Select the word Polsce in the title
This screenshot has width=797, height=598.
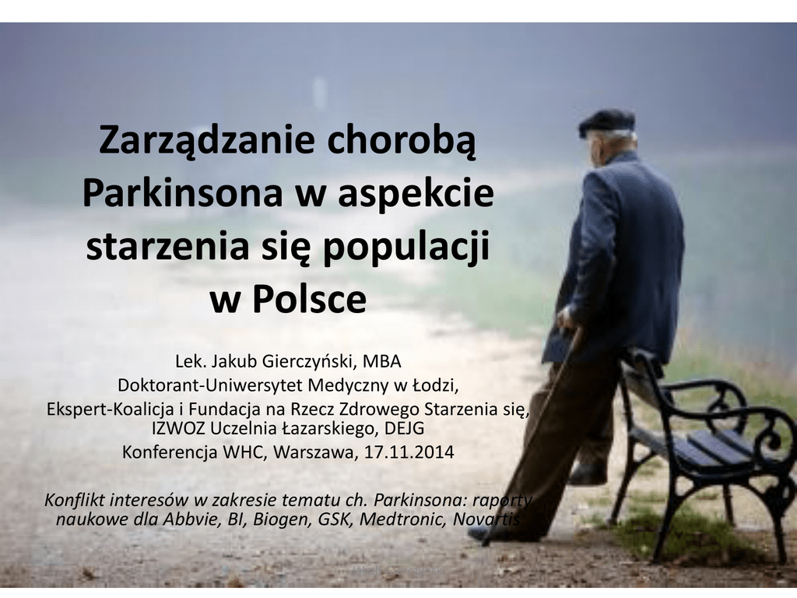point(309,299)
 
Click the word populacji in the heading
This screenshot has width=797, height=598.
point(406,248)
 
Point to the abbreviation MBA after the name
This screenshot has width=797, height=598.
point(382,361)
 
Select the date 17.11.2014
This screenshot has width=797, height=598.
point(409,452)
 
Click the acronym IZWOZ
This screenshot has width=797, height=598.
point(178,429)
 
